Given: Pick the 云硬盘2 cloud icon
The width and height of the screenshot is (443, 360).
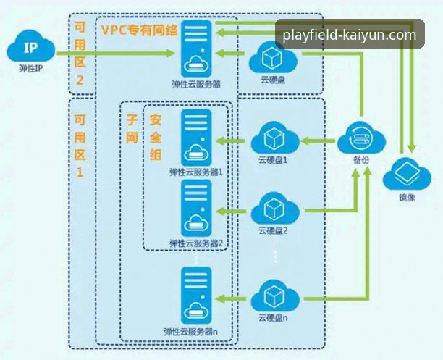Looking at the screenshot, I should point(272,209).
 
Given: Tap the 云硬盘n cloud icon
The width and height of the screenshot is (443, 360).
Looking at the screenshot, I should point(272,297).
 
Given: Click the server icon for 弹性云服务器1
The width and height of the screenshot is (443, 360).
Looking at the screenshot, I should point(197,137).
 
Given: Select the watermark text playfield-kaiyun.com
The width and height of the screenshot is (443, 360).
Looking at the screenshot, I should point(350,35).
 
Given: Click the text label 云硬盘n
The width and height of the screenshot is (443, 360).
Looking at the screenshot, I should point(272,318).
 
